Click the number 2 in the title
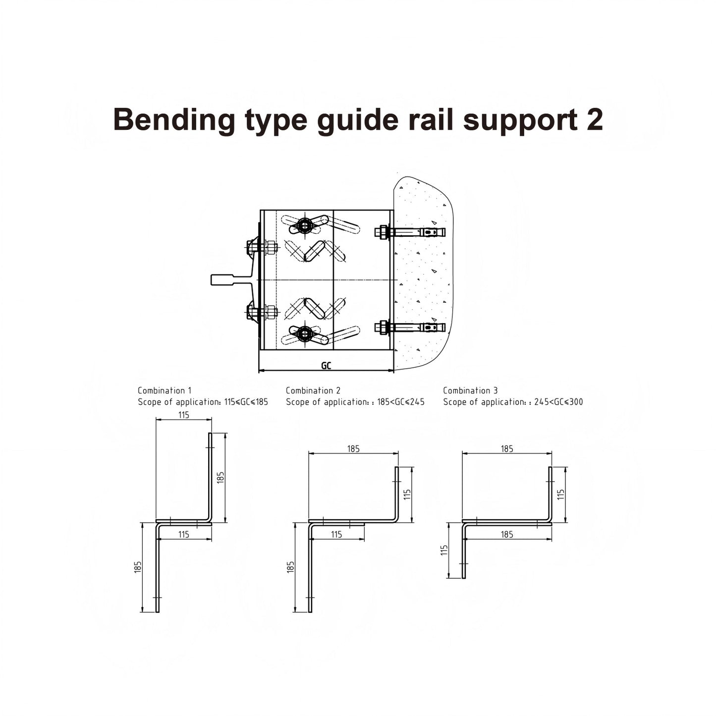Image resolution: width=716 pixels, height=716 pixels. point(594,119)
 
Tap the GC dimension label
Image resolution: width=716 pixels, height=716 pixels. point(326,366)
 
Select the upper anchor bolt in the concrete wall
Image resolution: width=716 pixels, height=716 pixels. point(411,232)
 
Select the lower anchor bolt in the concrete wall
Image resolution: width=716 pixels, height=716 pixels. point(411,328)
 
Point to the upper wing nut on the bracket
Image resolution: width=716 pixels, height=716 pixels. point(304,226)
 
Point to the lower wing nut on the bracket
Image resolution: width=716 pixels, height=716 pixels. point(304,333)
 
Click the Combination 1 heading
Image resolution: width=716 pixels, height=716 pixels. point(165,390)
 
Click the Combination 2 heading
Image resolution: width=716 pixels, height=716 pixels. point(313,390)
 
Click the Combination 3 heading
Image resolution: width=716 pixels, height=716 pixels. point(470,390)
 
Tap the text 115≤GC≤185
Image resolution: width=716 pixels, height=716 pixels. point(246,402)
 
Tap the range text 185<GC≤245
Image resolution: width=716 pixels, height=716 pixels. point(400,402)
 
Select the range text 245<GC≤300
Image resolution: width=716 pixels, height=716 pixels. point(558,402)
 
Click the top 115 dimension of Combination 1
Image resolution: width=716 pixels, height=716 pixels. point(184,415)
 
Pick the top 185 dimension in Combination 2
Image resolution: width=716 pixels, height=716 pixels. point(353,449)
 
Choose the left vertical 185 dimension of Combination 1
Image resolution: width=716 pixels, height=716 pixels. point(138,567)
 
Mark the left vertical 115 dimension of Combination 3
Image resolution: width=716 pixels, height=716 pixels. point(444,550)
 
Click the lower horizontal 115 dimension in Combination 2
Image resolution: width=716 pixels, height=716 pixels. point(336,535)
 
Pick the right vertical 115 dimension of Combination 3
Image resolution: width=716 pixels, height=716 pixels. point(561,494)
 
